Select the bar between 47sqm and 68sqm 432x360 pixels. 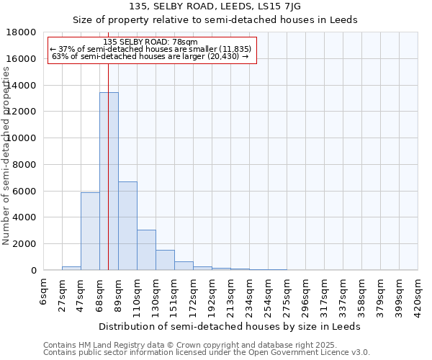pos(90,231)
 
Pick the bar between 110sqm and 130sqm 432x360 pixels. pos(146,250)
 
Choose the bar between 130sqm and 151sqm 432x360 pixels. pos(165,260)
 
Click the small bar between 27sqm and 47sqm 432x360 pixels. pos(71,268)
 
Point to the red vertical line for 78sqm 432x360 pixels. pos(108,180)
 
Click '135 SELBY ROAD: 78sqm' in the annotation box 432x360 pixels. pos(150,41)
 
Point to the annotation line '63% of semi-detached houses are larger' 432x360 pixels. pos(150,57)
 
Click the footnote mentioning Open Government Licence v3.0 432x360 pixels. pos(206,353)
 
